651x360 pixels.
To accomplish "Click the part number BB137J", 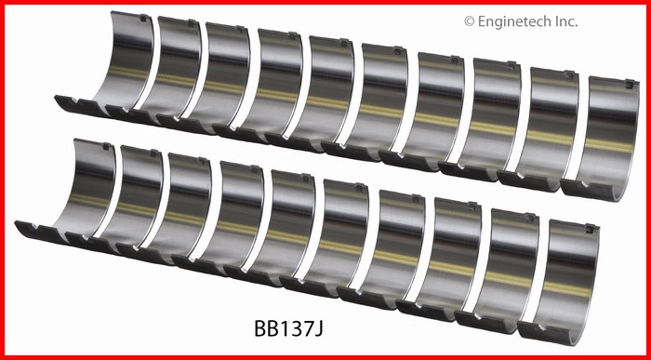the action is (x=288, y=328).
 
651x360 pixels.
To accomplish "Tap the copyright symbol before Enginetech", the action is (x=469, y=21).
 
